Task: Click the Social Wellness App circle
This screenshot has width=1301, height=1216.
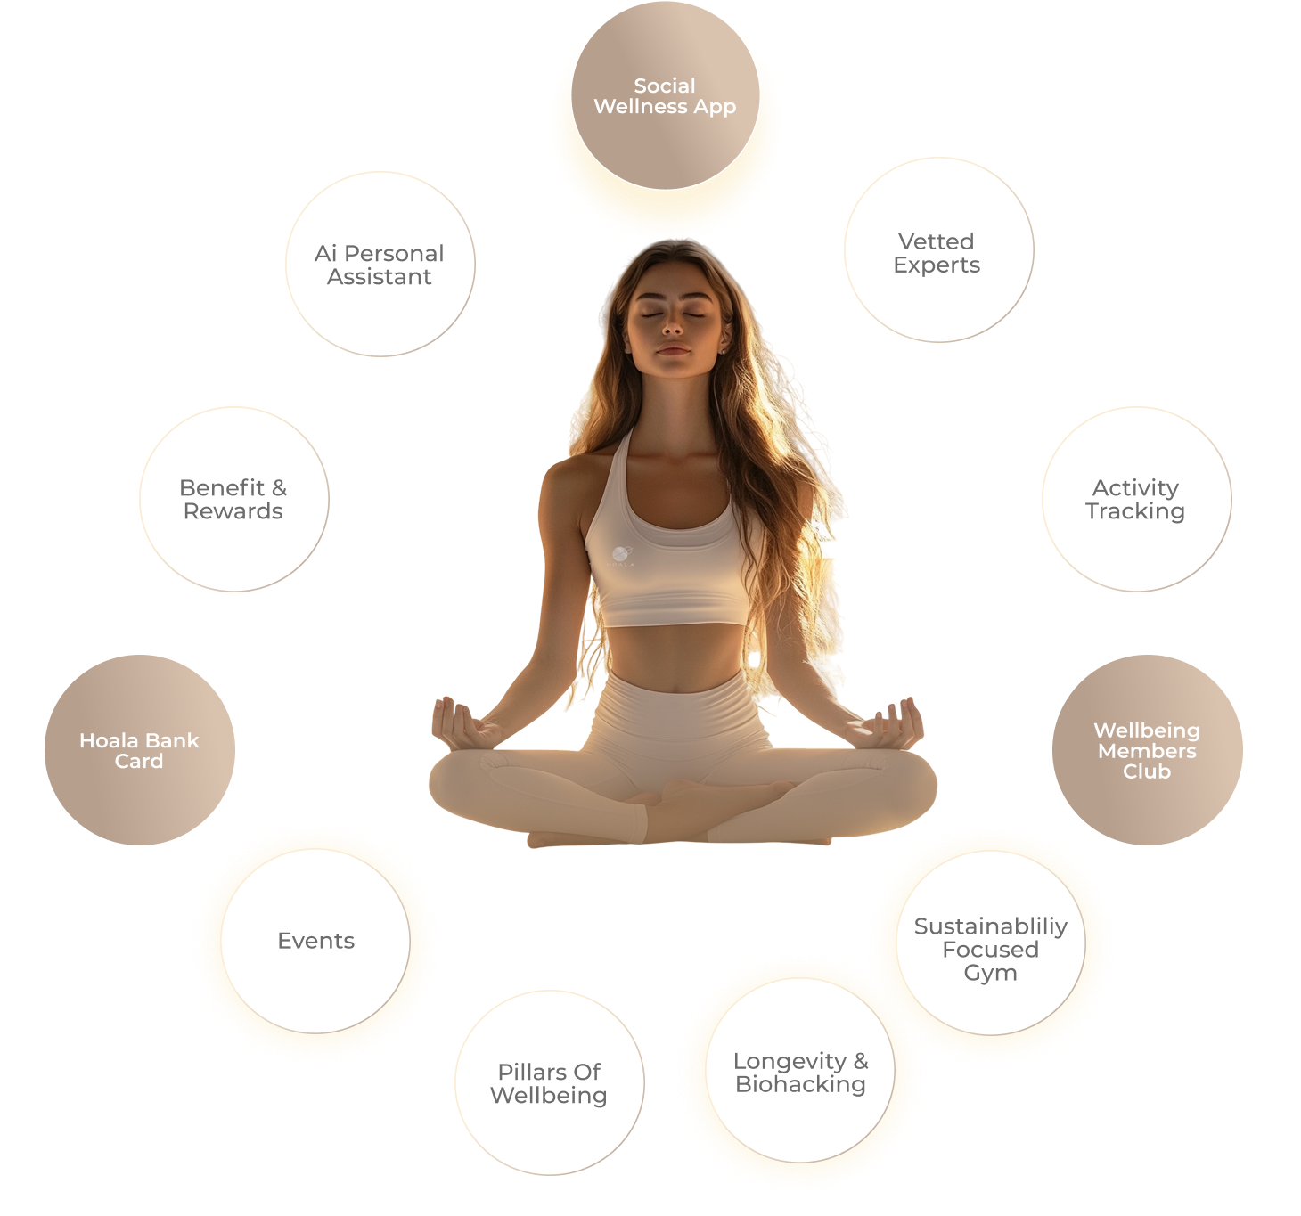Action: coord(665,96)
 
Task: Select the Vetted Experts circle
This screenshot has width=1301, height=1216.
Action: coord(938,253)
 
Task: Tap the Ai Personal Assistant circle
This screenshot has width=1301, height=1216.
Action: coord(380,265)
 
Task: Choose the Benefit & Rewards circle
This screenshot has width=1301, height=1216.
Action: coord(233,499)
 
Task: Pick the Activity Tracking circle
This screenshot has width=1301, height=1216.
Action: coord(1136,499)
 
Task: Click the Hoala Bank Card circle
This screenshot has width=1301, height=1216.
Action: coord(140,750)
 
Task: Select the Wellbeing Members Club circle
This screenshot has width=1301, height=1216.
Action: coord(1147,750)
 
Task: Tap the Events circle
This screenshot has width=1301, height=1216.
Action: coord(315,941)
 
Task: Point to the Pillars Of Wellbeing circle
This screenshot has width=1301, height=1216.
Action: coord(549,1082)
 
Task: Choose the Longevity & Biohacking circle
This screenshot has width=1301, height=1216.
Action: coord(800,1072)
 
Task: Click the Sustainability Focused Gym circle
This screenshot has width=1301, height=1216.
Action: coord(990,949)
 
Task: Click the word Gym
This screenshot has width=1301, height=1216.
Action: coord(990,973)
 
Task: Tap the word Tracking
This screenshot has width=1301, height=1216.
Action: coord(1135,511)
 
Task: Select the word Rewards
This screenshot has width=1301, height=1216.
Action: coord(233,511)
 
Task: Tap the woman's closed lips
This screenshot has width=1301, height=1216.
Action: coord(674,350)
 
